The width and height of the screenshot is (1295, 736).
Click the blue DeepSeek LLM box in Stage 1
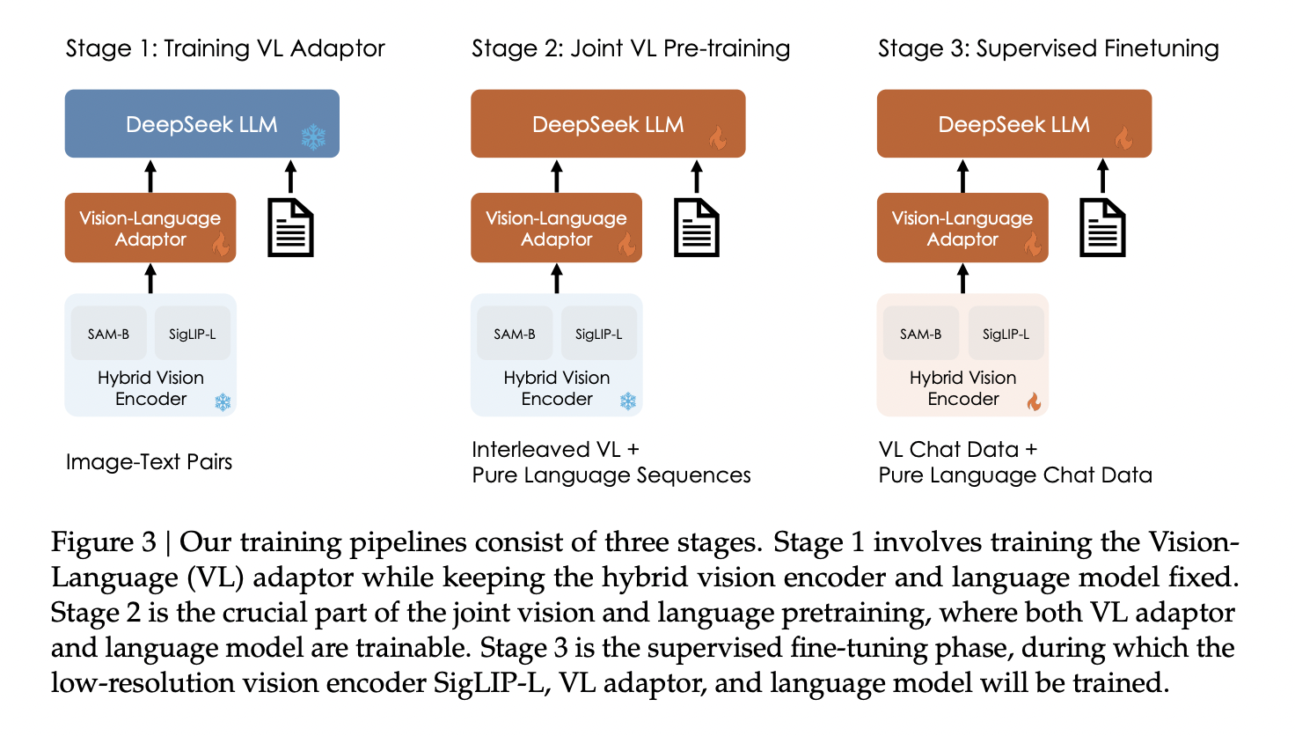201,123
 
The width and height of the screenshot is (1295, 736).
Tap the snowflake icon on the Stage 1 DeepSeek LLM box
313,136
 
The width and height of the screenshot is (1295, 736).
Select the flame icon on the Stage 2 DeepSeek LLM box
719,137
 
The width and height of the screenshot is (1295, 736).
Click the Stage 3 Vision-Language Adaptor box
962,228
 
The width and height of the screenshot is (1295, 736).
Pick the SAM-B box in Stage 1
108,334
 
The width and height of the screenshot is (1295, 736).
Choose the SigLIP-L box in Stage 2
598,334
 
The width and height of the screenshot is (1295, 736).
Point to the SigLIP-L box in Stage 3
1006,334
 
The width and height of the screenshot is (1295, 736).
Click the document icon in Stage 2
697,228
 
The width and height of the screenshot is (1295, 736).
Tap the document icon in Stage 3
1102,228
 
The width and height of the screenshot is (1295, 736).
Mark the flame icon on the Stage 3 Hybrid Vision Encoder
1034,401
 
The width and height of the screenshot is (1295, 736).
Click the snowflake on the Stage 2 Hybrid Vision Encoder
627,401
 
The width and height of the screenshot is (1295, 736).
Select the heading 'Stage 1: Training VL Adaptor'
225,48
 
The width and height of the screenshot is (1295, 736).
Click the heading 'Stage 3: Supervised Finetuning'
1048,48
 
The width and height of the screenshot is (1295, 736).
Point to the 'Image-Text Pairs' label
149,462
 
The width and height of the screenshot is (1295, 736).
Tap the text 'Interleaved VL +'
555,450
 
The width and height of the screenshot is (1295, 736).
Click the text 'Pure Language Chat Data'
1014,475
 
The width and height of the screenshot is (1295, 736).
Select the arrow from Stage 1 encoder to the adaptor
150,278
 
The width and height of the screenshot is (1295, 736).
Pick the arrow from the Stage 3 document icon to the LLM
1102,176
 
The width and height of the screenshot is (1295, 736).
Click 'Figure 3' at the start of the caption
103,542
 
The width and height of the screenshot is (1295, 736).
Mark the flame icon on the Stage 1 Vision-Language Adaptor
221,243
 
